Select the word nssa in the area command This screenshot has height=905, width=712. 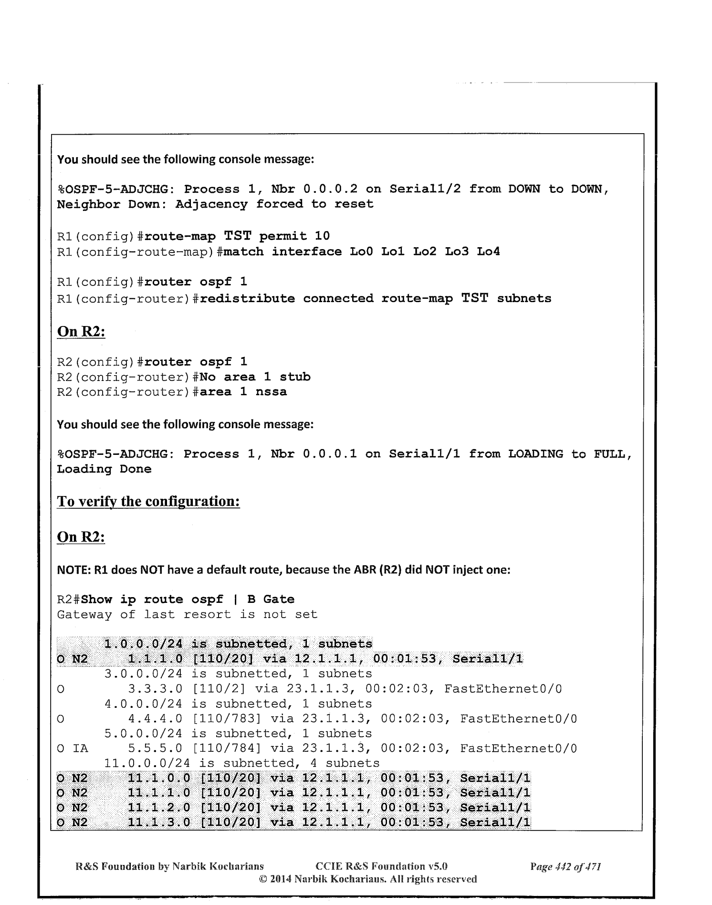271,392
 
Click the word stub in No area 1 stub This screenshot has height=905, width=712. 295,377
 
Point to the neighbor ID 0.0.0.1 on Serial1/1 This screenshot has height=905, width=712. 330,454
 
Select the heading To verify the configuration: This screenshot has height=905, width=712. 148,502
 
